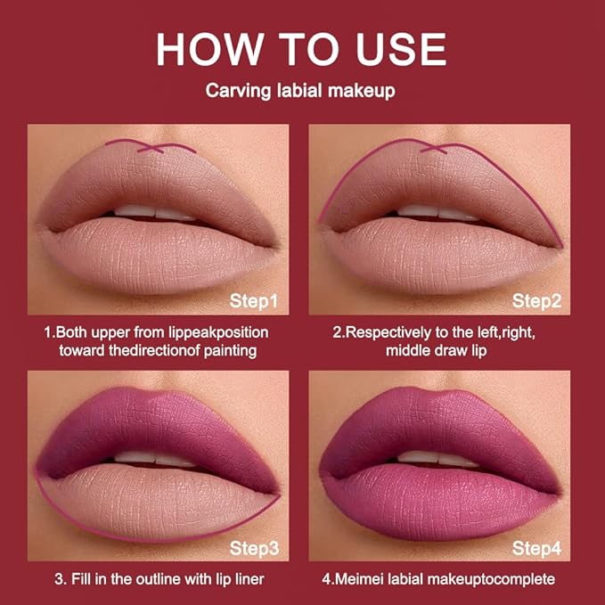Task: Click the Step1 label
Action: [x=253, y=300]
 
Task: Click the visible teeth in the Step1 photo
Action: [x=151, y=212]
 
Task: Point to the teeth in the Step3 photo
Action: [x=151, y=458]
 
